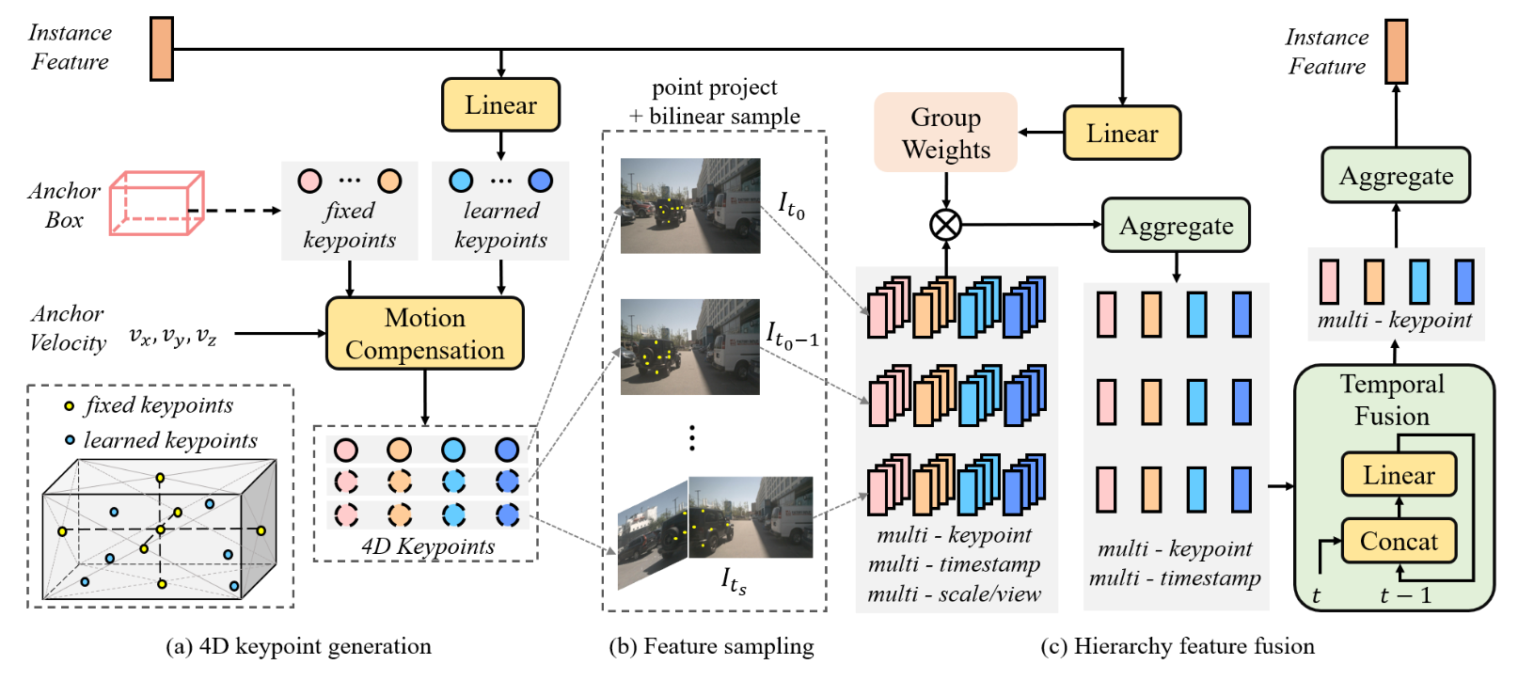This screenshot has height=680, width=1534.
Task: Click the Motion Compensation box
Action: tap(424, 334)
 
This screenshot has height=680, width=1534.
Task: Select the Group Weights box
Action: tap(945, 133)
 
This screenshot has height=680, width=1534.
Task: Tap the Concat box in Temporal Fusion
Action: tap(1399, 542)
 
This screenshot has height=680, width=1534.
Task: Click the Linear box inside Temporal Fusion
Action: tap(1399, 475)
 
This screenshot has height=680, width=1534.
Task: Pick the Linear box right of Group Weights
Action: tap(1122, 134)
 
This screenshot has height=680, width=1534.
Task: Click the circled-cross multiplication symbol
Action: tap(945, 225)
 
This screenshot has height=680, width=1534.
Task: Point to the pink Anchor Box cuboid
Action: tap(156, 202)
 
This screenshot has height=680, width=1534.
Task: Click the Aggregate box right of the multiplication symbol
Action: tap(1176, 226)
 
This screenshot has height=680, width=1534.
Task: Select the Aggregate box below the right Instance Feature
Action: tap(1396, 176)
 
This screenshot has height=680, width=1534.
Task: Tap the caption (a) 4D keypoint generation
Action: tap(298, 647)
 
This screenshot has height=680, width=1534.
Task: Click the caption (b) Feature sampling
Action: tap(711, 647)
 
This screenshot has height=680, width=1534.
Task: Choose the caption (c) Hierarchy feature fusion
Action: tap(1178, 647)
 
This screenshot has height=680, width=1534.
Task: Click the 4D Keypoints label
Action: tap(428, 546)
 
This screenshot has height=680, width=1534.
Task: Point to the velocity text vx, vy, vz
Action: tap(173, 336)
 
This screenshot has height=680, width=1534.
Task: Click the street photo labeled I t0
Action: tap(690, 206)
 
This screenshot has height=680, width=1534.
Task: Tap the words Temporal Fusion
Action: tap(1392, 400)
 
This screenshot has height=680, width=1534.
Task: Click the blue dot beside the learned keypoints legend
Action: tap(70, 440)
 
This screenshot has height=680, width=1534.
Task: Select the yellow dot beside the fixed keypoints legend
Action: tap(69, 406)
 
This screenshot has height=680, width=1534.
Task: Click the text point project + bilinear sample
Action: tap(715, 102)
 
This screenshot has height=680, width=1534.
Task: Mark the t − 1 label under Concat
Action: tap(1405, 596)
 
